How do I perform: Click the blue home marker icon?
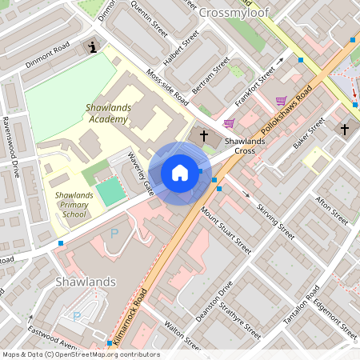tap(180, 173)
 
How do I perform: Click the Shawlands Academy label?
tap(106, 113)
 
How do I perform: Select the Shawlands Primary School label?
tap(74, 204)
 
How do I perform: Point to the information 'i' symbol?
tap(94, 47)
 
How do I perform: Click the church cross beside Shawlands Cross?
tap(204, 135)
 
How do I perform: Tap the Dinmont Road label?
tap(47, 52)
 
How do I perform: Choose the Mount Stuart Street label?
tap(226, 230)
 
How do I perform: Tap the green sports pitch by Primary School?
tap(111, 192)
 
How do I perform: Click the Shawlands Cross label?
tap(240, 146)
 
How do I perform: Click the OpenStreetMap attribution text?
tap(81, 354)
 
